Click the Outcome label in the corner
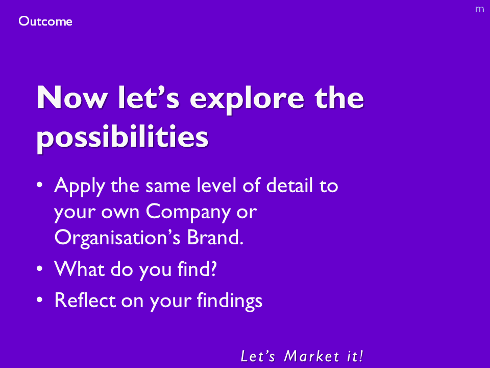pos(45,21)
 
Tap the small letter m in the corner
pos(479,9)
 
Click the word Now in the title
pos(72,97)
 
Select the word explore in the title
pos(247,100)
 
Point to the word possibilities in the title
pos(122,137)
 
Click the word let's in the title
pos(149,97)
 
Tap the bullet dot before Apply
pos(39,185)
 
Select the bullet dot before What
pos(39,268)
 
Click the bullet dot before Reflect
pos(39,300)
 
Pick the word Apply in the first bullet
pos(80,187)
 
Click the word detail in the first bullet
pos(289,185)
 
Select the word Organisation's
pos(117,239)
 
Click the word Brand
pos(215,238)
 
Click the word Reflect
pos(85,300)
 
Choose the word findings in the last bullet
pos(229,301)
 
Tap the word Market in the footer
pos(311,356)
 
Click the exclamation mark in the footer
pos(361,356)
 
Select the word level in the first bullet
pos(216,185)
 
